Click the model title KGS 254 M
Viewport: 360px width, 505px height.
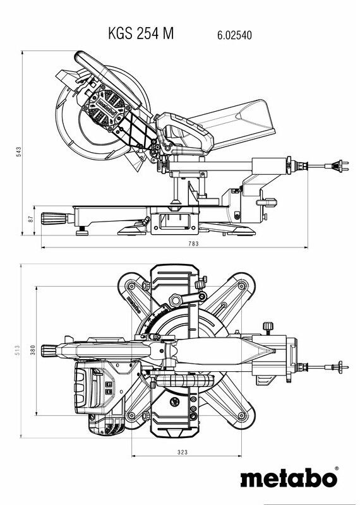141,33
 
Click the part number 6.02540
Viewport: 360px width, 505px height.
234,35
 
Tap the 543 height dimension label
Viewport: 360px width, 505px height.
19,151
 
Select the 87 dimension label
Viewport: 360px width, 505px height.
31,219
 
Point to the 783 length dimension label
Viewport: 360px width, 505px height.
193,244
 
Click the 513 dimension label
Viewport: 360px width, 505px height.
18,350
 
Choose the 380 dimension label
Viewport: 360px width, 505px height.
33,350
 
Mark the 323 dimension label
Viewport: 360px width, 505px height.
183,452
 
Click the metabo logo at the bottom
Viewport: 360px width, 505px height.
289,477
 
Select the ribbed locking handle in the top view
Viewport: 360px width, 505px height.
49,351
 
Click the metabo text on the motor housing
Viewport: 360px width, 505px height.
107,109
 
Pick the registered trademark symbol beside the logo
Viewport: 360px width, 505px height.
337,468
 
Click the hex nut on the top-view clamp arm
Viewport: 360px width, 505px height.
176,300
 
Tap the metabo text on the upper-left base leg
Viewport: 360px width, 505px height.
133,305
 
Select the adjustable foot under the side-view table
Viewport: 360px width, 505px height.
82,230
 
